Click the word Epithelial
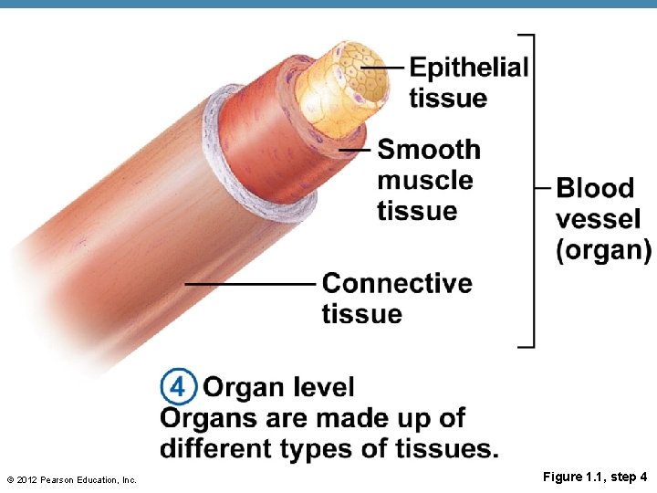click(x=468, y=68)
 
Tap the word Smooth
click(x=428, y=149)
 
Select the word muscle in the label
click(x=424, y=180)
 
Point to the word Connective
click(x=397, y=283)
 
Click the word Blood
click(x=594, y=188)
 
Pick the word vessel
click(x=598, y=219)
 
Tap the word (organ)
click(x=603, y=249)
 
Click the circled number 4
click(x=178, y=387)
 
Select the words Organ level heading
click(x=278, y=387)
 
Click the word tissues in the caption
click(x=446, y=448)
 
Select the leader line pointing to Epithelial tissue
click(x=383, y=68)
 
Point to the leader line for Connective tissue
click(x=251, y=283)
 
